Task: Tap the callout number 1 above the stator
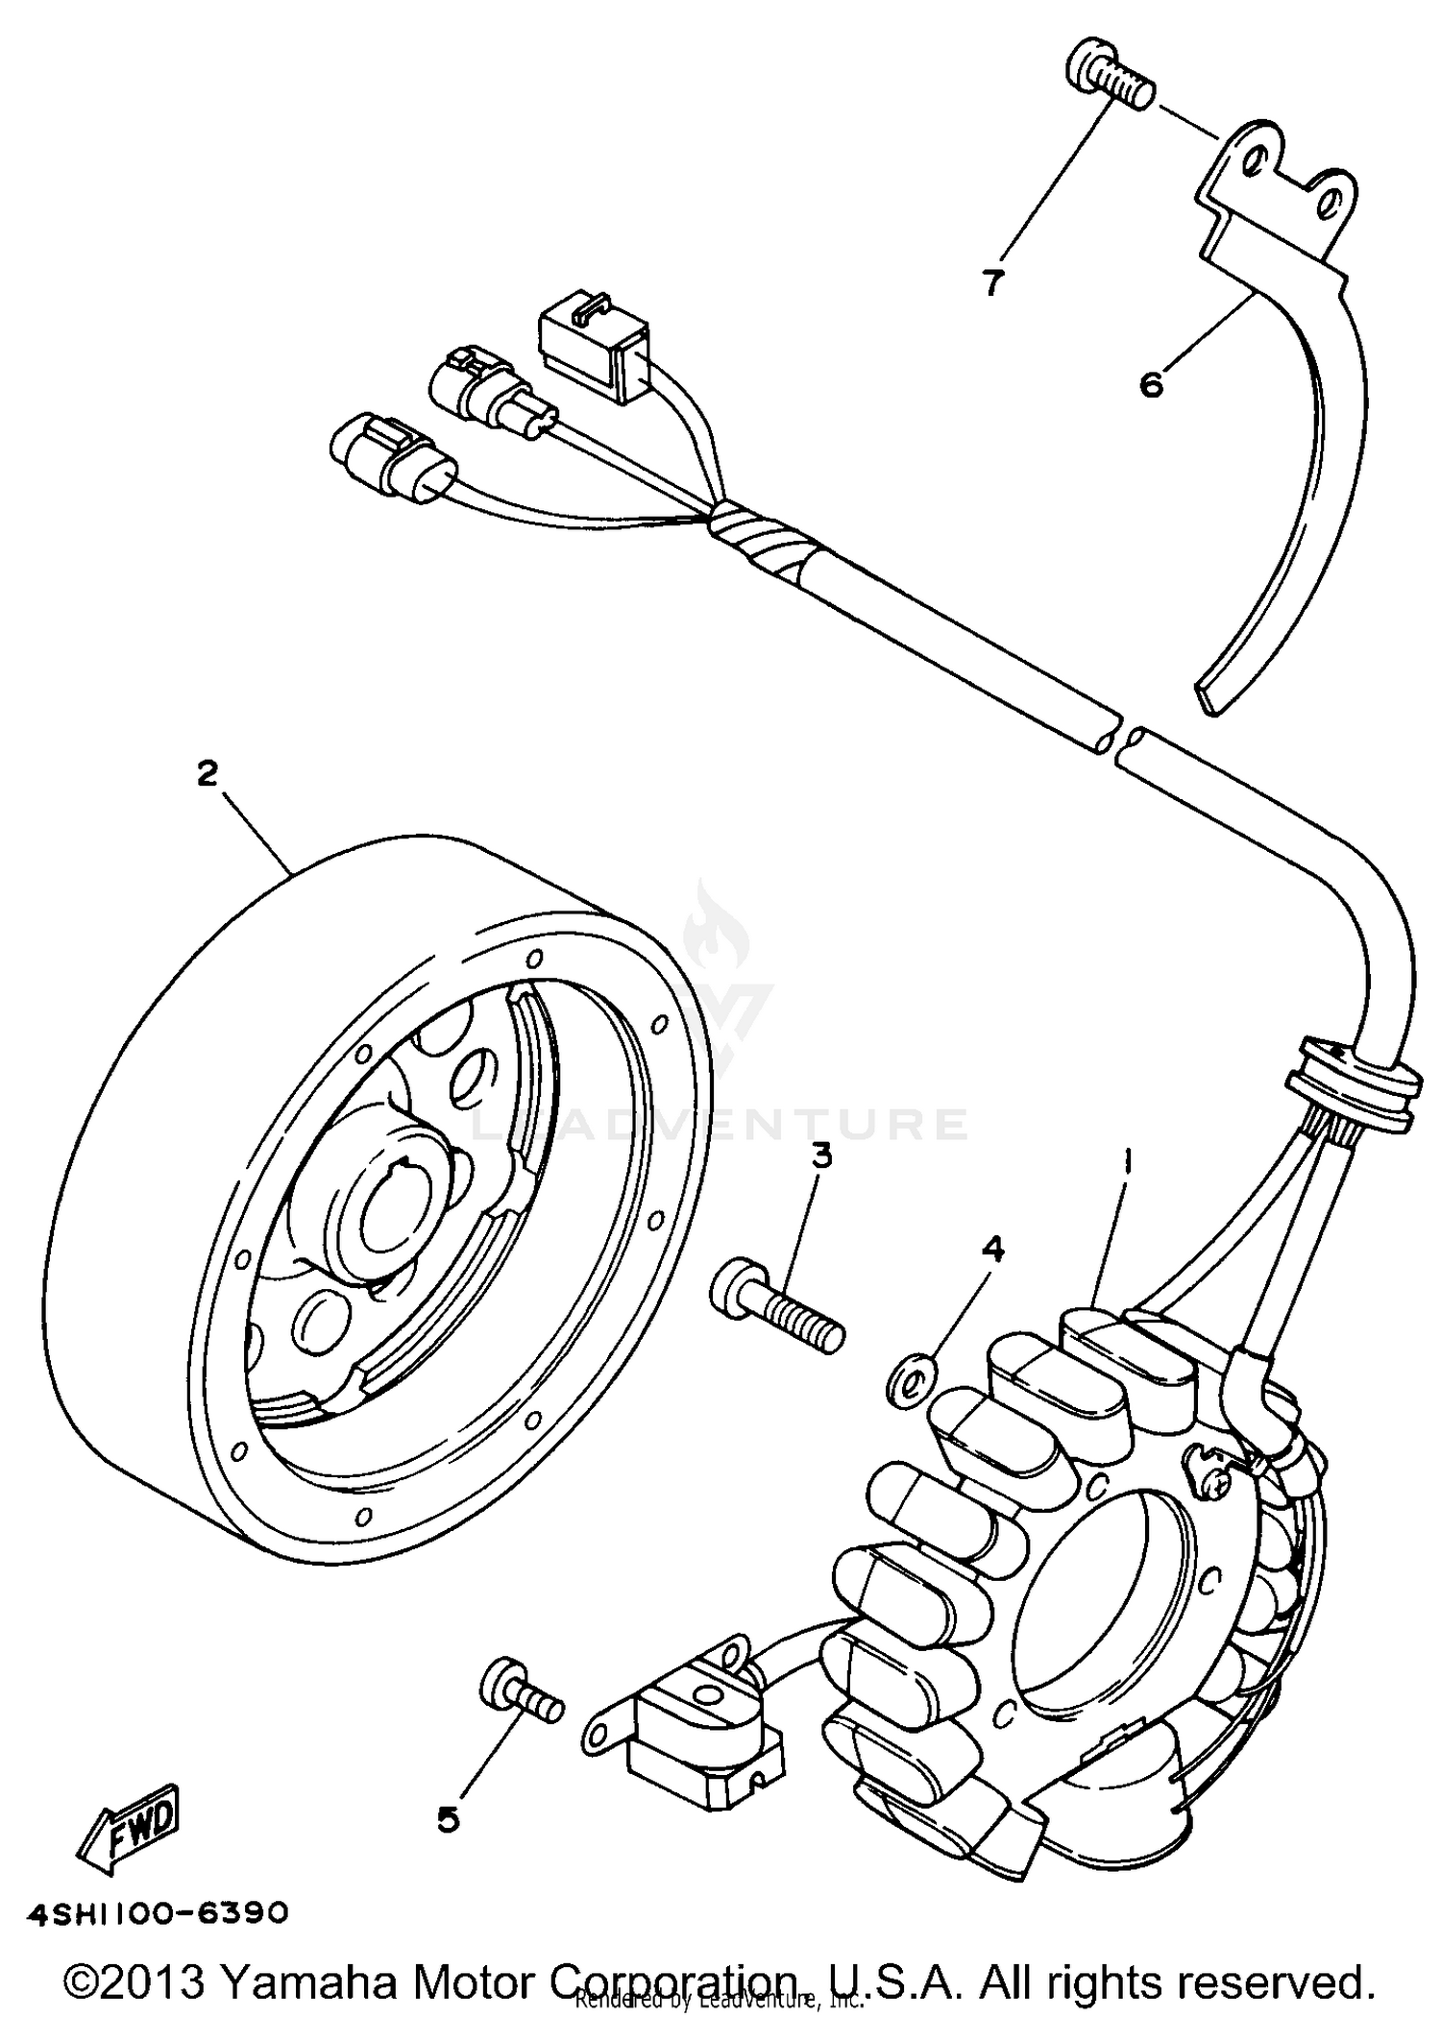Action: coord(1129,1165)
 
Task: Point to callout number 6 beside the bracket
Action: coord(1151,385)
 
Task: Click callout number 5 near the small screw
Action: coord(449,1819)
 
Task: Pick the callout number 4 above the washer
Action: coord(992,1250)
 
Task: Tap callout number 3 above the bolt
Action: coord(821,1156)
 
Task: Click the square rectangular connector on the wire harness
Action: coord(597,345)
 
